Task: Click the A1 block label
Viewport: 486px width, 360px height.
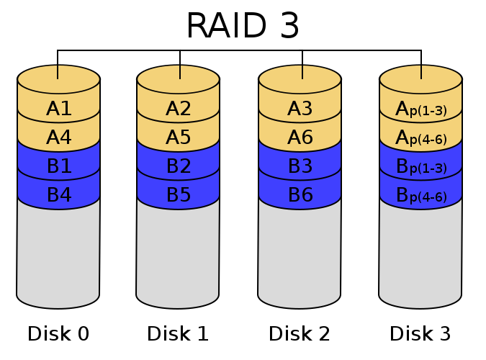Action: (x=59, y=109)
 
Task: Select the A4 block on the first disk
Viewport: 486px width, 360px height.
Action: (x=59, y=138)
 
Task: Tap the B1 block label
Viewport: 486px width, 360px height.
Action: (x=59, y=166)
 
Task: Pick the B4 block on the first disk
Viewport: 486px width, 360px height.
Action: (x=59, y=195)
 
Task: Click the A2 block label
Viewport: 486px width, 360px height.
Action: (x=179, y=109)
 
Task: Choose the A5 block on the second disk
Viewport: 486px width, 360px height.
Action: (x=179, y=138)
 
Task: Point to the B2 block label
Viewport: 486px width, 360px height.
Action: (x=179, y=166)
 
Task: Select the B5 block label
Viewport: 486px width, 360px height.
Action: (x=179, y=195)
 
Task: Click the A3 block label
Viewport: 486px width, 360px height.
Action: (x=300, y=109)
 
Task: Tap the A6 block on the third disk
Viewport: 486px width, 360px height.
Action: (x=300, y=138)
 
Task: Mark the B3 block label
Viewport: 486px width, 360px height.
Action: (x=300, y=166)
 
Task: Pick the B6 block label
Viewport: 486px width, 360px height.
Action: (x=300, y=195)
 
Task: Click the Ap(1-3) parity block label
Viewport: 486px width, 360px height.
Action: (x=421, y=109)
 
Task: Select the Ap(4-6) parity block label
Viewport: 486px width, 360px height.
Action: (x=421, y=138)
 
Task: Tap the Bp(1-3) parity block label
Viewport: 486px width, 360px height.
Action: (x=421, y=167)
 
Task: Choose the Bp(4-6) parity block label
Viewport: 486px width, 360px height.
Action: (x=421, y=196)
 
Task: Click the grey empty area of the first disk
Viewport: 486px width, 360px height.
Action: (x=58, y=252)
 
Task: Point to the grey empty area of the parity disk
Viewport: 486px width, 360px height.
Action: (x=420, y=252)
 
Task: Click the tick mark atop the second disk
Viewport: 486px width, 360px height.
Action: (x=179, y=72)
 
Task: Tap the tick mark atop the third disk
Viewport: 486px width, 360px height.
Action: (x=302, y=72)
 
